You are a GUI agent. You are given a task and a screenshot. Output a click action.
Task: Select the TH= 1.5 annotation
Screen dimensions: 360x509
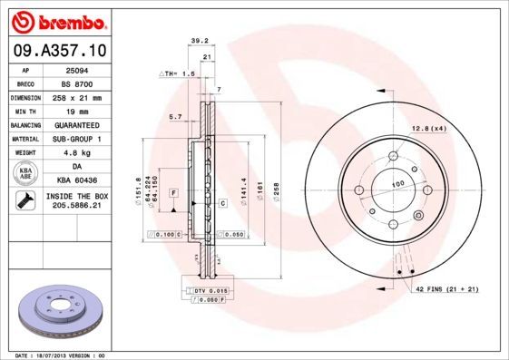click(x=178, y=73)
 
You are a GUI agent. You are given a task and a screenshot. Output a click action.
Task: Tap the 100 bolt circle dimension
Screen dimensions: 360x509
click(x=396, y=185)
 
